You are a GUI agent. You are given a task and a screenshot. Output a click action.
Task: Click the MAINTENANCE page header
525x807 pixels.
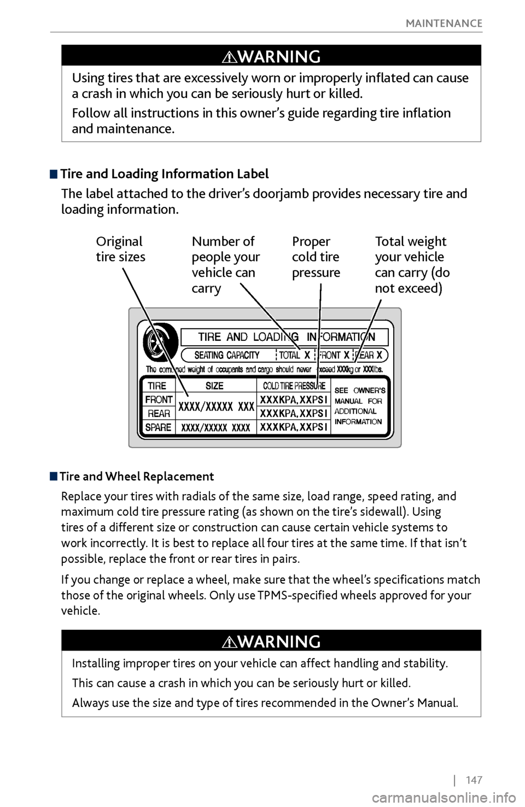(x=444, y=23)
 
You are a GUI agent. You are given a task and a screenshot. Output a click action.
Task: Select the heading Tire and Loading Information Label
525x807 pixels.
(x=164, y=174)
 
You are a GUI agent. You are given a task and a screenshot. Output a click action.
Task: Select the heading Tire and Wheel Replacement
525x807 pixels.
(x=137, y=477)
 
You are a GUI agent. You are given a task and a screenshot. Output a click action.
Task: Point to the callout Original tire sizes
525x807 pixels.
(x=120, y=249)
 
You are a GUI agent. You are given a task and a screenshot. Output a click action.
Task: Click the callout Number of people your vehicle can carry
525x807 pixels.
(x=225, y=264)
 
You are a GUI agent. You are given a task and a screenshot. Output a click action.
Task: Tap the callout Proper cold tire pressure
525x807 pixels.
(x=316, y=257)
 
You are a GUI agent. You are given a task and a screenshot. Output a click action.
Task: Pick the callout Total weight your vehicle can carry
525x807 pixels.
(x=412, y=264)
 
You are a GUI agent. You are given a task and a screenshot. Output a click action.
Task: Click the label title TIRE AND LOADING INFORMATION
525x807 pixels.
(x=284, y=337)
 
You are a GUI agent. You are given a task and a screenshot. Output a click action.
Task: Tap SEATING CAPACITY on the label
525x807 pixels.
(x=227, y=355)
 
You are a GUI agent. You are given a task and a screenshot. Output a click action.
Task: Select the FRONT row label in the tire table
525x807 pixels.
(x=159, y=399)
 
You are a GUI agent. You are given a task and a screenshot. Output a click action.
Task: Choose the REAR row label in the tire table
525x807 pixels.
(x=159, y=414)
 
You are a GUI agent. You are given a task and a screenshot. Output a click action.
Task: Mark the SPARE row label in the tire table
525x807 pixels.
(x=159, y=427)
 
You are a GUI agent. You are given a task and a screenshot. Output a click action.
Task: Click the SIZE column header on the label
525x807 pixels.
(x=214, y=386)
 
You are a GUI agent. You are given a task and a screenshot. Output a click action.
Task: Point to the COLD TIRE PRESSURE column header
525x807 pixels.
(x=294, y=386)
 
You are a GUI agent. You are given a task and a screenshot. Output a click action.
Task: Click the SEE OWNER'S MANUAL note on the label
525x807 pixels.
(x=359, y=406)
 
